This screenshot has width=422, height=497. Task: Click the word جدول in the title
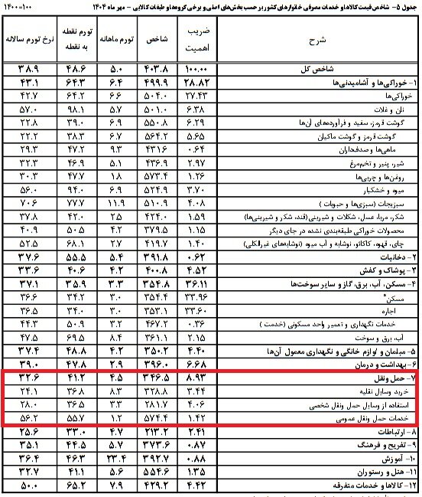tap(410, 7)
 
